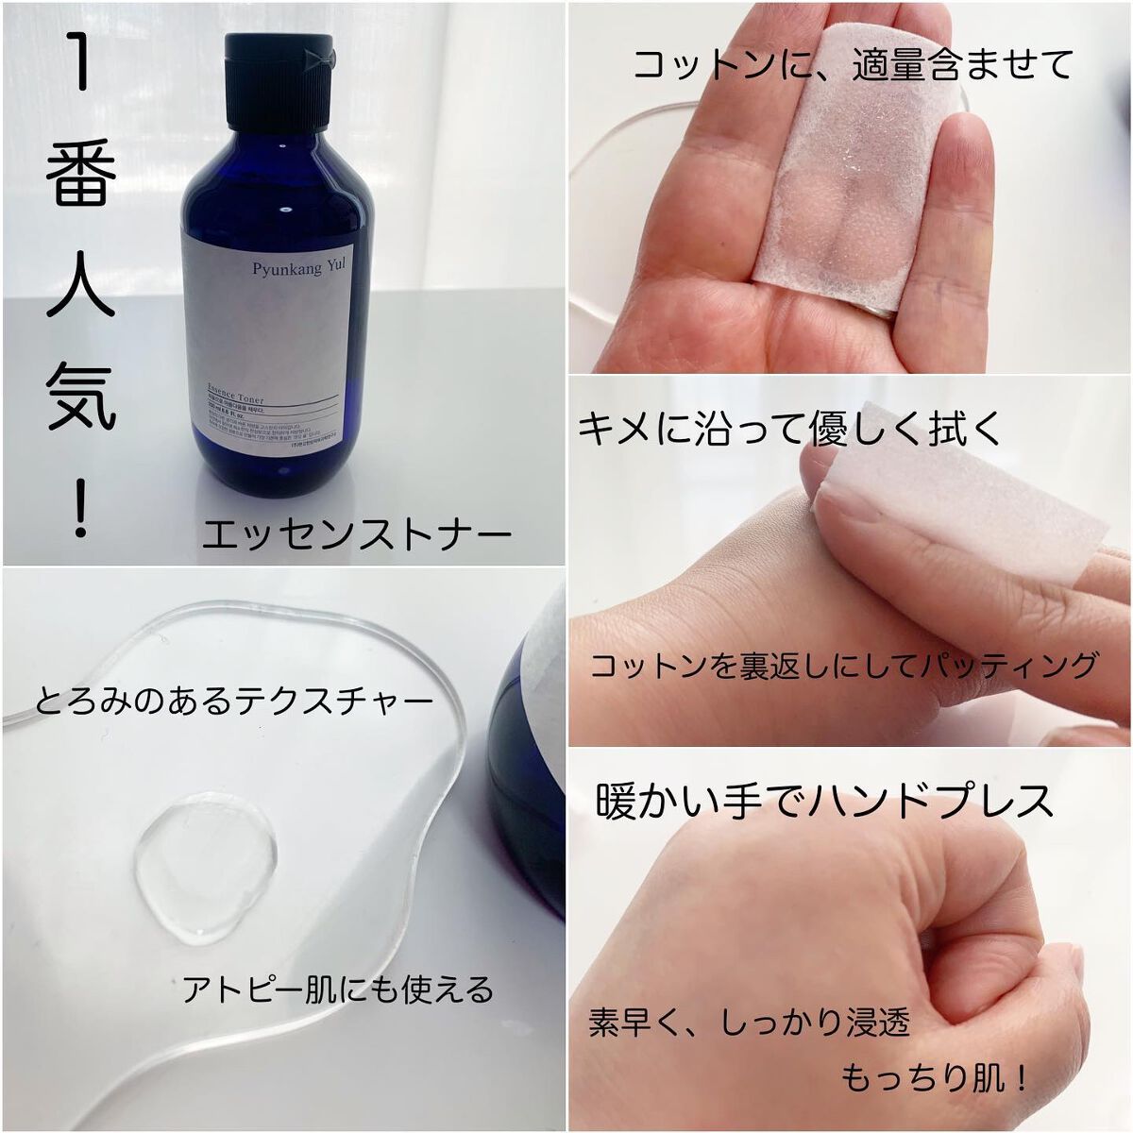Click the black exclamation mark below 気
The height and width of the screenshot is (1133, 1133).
tap(81, 509)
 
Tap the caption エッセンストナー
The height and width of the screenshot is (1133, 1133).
tap(357, 535)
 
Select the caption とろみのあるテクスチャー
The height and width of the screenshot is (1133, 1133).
tap(234, 701)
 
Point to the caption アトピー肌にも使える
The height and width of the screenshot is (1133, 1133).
tap(338, 989)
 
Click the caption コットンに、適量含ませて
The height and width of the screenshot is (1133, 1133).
tap(852, 65)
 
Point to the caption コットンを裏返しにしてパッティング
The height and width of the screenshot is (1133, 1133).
tap(844, 665)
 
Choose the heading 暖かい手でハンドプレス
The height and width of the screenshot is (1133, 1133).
tap(824, 801)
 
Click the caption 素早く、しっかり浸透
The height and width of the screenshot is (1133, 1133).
tap(749, 1023)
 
